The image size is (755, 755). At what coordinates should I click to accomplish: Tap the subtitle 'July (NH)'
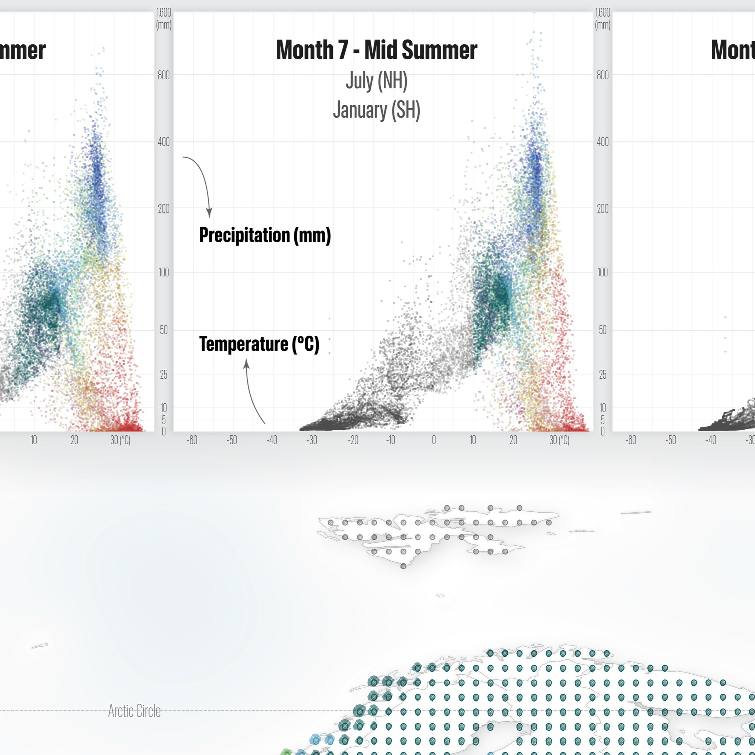(x=376, y=81)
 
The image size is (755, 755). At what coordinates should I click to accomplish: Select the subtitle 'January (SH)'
(x=376, y=110)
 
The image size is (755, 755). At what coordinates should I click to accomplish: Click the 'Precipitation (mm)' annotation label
(x=265, y=235)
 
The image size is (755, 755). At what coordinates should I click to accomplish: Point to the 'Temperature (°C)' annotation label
(x=259, y=344)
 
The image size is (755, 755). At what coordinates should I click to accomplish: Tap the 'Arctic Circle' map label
(x=134, y=711)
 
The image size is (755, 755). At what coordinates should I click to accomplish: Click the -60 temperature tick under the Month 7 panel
(x=192, y=441)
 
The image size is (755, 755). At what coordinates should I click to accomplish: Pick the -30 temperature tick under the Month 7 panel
(x=312, y=441)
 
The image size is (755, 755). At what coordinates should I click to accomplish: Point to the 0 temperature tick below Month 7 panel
(x=433, y=441)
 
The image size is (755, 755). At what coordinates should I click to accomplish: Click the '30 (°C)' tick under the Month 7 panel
(x=559, y=441)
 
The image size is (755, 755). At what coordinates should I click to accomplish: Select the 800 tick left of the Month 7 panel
(x=164, y=75)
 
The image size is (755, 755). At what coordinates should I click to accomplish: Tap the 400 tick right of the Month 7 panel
(x=603, y=142)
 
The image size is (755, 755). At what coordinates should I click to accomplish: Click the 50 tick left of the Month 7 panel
(x=164, y=330)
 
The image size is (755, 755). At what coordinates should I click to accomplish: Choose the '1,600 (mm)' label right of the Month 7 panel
(x=603, y=18)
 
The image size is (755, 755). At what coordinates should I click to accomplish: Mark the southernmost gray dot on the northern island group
(x=403, y=566)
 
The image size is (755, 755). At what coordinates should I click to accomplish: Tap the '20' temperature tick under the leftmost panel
(x=74, y=441)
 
